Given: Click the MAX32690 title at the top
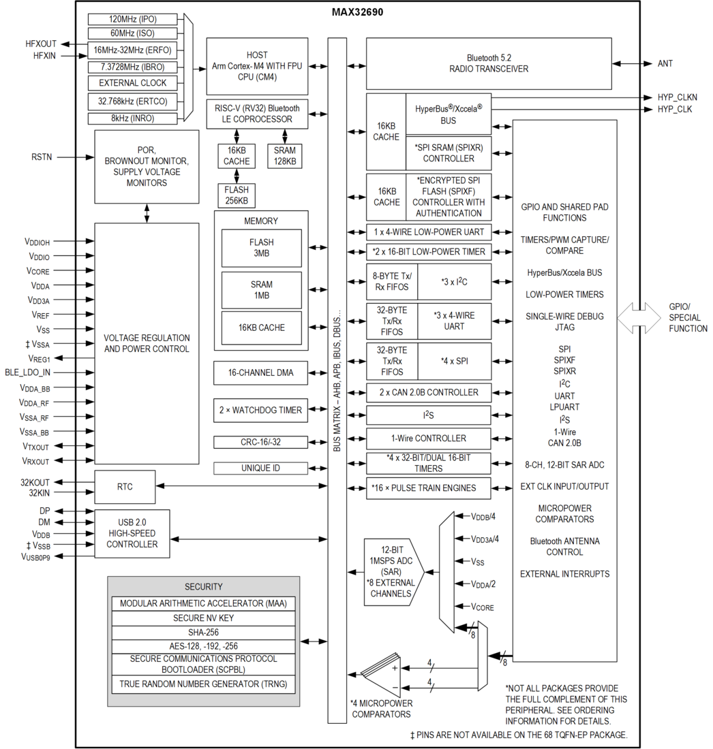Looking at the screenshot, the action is coord(357,12).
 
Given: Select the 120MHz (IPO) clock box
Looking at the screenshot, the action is coord(132,19).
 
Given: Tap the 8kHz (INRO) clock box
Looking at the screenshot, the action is coord(132,118).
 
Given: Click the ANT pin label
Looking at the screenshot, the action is coord(665,63).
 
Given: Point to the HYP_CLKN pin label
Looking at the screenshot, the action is coord(677,97).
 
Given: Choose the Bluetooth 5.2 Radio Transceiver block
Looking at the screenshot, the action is coord(489,63).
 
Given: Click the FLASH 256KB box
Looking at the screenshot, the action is coord(237,195).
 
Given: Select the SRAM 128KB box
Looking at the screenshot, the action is coord(284,156).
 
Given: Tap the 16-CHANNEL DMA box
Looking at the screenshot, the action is coord(260,372).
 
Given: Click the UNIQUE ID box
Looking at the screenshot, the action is coord(260,468).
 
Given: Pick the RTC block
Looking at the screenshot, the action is coord(125,487).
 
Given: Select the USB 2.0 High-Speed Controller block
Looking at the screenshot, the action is coord(132,534).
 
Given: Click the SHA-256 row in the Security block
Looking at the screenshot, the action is coord(203,633).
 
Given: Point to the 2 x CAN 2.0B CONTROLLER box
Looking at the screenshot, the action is coord(429,393).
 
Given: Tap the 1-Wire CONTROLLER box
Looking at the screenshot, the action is coord(429,439).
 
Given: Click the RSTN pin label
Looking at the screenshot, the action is coord(42,157).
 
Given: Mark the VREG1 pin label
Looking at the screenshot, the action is coord(40,358).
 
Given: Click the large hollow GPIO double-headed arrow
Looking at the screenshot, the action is coord(639,318).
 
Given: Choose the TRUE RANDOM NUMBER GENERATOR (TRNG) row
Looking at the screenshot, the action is coord(203,684).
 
